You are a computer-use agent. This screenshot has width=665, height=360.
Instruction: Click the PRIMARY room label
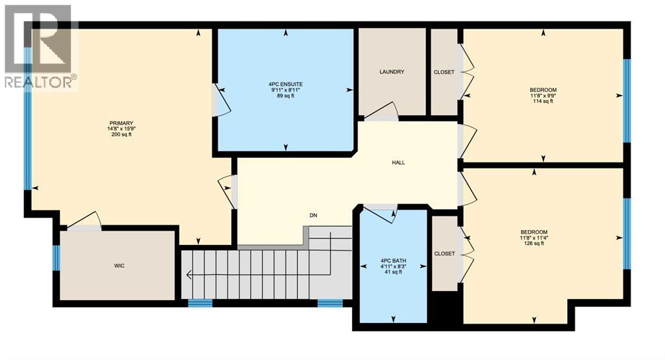121,123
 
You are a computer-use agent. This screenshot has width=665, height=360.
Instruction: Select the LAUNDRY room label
392,72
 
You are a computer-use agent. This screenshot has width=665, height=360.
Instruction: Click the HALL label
399,162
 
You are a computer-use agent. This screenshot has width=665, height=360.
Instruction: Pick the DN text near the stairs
312,216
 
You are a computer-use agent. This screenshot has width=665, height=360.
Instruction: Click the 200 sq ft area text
121,135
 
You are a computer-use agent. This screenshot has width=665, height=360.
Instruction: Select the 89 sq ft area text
286,96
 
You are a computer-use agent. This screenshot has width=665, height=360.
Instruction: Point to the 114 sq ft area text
542,101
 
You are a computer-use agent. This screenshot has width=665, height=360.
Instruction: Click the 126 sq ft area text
534,244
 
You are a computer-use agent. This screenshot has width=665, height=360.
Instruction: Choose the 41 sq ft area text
392,272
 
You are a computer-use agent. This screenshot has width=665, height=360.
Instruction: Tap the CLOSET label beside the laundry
444,72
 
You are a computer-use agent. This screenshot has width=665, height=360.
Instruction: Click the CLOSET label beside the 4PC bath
444,253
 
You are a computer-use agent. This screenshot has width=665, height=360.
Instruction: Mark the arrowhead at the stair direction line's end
188,275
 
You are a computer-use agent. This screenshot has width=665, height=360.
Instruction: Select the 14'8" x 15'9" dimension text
121,129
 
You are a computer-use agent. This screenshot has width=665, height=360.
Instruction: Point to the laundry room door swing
383,111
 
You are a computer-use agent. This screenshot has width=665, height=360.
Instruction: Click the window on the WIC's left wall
56,258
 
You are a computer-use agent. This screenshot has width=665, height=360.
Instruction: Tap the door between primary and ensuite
220,103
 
